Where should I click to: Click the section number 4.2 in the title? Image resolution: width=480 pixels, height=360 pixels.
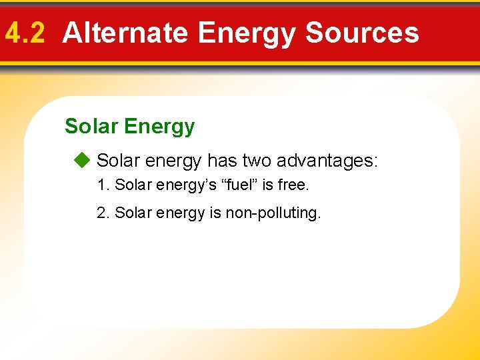point(25,33)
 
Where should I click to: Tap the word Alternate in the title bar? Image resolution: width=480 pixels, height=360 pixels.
point(125,33)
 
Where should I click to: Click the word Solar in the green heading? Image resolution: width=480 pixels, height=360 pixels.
point(91,126)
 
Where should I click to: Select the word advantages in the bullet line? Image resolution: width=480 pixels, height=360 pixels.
point(327,161)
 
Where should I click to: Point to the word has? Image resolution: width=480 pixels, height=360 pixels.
point(221,161)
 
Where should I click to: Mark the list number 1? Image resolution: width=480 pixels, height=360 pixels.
point(103,185)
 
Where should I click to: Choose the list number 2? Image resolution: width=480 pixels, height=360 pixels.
point(103,213)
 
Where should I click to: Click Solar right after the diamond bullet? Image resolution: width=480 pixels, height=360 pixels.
point(117,161)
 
